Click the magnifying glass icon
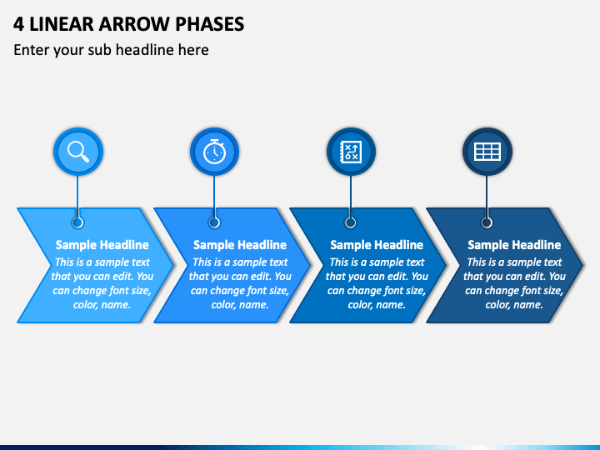coord(78,152)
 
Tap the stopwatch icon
coord(214,152)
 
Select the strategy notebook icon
coord(351,152)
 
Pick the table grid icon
coord(487,152)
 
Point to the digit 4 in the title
coord(18,24)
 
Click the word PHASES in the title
coord(210,24)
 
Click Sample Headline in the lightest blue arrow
coord(102,245)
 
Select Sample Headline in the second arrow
coord(240,245)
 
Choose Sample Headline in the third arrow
coord(377,245)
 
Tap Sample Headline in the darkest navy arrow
coord(514,245)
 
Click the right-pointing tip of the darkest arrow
coord(582,265)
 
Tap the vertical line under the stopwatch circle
coord(214,197)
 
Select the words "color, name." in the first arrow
coord(102,305)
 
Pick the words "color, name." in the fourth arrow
coord(514,305)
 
